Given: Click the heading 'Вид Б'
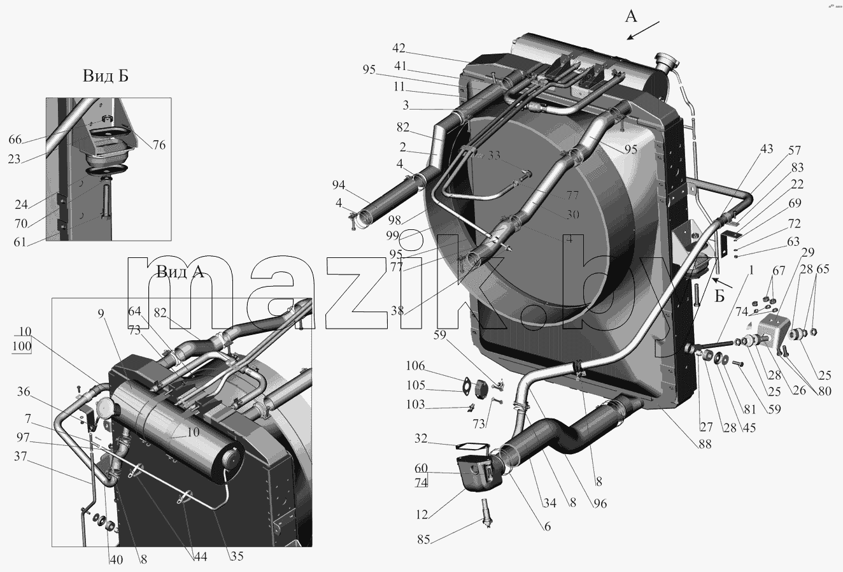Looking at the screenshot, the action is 106,76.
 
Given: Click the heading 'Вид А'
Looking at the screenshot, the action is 180,271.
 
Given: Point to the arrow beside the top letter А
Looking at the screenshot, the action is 643,31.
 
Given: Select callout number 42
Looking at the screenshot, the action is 399,48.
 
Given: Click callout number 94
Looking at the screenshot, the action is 339,185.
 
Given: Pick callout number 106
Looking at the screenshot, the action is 416,366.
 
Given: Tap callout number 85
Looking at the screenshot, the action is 423,540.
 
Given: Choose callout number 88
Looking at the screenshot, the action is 705,445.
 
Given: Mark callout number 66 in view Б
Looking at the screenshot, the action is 15,139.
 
